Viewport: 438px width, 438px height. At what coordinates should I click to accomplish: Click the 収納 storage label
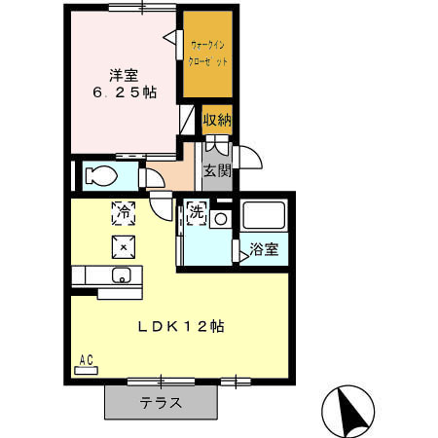(217, 121)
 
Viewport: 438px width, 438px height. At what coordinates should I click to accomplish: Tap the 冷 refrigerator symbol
(124, 209)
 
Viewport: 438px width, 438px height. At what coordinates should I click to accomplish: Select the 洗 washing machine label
(196, 212)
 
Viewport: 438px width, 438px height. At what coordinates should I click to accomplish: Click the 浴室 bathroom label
(264, 249)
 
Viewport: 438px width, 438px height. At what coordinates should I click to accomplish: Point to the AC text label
(86, 360)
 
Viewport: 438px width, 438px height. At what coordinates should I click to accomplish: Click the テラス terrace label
(158, 402)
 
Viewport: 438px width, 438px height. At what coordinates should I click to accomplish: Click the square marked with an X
(124, 245)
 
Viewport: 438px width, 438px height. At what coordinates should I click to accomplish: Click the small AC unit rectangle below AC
(86, 371)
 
